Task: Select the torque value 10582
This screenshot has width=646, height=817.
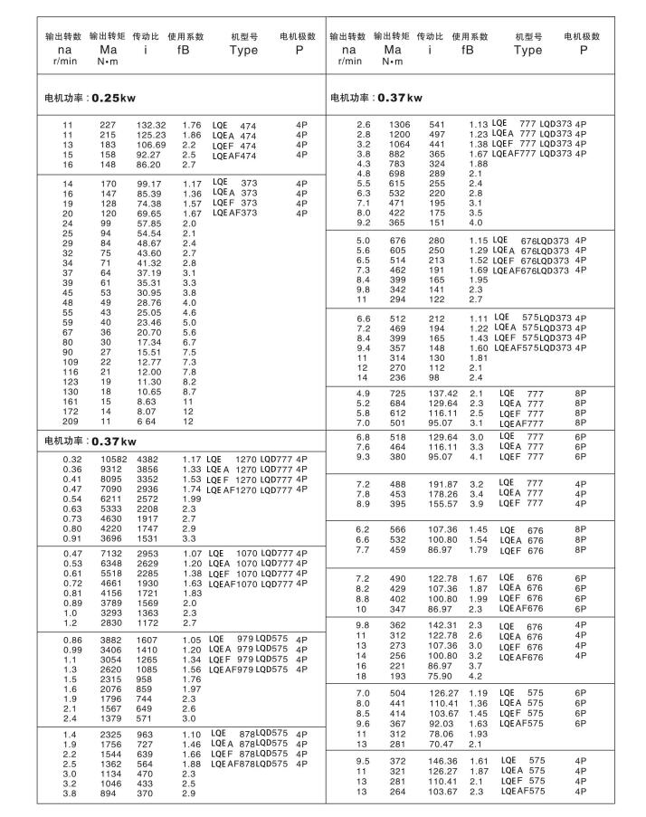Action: pos(107,459)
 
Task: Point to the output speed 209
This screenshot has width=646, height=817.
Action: pos(67,422)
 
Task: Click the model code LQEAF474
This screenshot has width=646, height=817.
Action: pos(235,156)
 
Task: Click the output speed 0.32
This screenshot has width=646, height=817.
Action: pos(67,459)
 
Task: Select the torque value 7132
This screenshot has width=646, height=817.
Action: pos(107,552)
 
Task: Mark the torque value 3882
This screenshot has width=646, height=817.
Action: pos(107,639)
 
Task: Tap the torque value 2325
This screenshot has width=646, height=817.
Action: pos(107,733)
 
